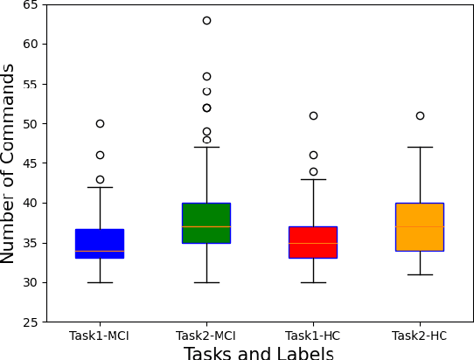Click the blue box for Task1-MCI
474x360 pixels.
coord(100,243)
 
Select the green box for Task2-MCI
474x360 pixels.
coord(206,223)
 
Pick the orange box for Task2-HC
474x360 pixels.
coord(420,227)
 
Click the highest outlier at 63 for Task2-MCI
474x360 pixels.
coord(206,20)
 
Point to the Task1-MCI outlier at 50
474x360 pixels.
coord(100,123)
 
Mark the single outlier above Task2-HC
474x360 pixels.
coord(420,115)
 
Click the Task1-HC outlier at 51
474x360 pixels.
coord(313,115)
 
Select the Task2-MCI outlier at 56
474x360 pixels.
coord(206,76)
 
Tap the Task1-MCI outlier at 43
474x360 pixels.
coord(100,179)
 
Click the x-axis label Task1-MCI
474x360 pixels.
coord(100,336)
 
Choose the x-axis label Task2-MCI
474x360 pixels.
coord(206,336)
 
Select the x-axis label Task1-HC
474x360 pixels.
coord(313,336)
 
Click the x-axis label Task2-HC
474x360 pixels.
coord(420,336)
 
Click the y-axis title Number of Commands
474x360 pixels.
coord(9,163)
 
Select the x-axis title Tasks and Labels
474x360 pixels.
coord(259,353)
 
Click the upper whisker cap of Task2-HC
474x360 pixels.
coord(420,148)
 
